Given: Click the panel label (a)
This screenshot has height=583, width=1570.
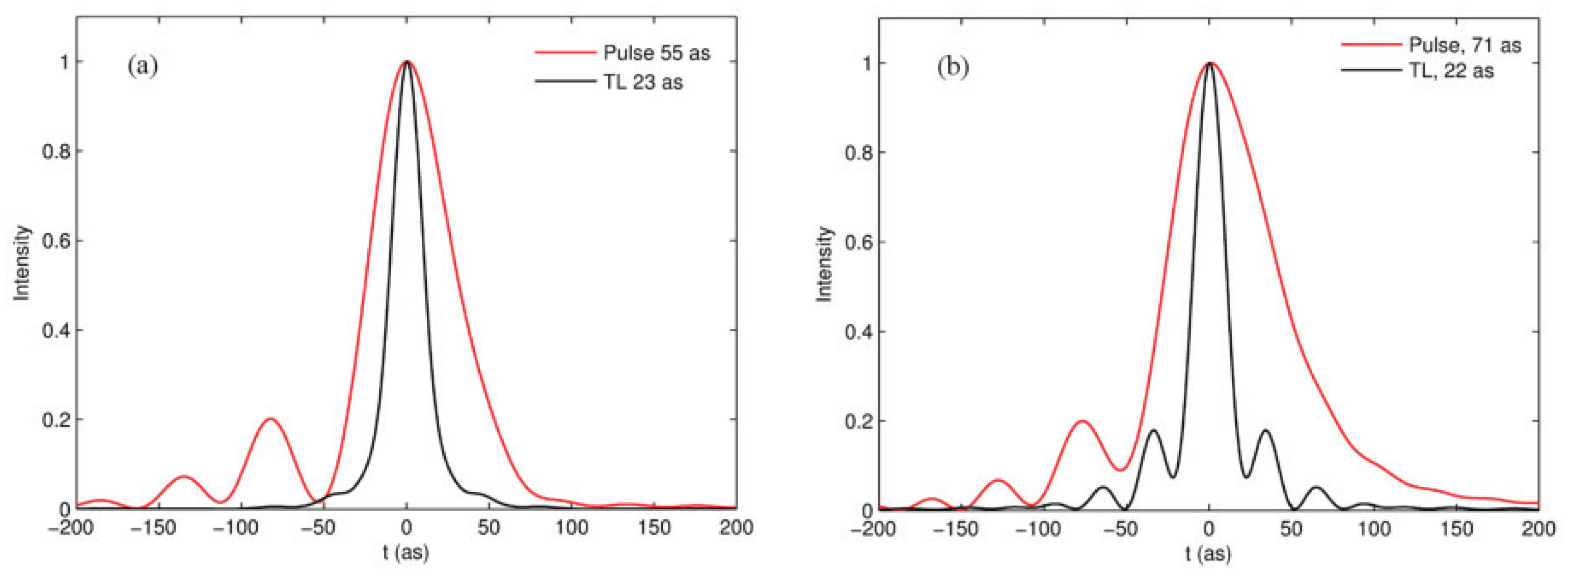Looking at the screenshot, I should (x=143, y=65).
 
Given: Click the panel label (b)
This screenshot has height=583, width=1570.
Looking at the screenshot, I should (x=953, y=68).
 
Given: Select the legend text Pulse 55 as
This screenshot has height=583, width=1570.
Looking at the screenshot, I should (x=657, y=53).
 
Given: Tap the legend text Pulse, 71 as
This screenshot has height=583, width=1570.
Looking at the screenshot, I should (x=1465, y=45).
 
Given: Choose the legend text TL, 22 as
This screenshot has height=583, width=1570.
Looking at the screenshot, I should (x=1451, y=71).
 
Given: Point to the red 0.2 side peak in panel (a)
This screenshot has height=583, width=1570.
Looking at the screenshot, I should (x=270, y=419).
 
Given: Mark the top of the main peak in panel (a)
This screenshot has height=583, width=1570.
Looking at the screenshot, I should (x=407, y=62).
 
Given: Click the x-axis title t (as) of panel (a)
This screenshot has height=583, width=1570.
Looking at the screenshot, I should (x=406, y=552).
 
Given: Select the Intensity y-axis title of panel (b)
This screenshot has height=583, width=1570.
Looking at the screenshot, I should (x=824, y=264).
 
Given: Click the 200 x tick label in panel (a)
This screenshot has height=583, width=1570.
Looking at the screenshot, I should (x=736, y=528).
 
